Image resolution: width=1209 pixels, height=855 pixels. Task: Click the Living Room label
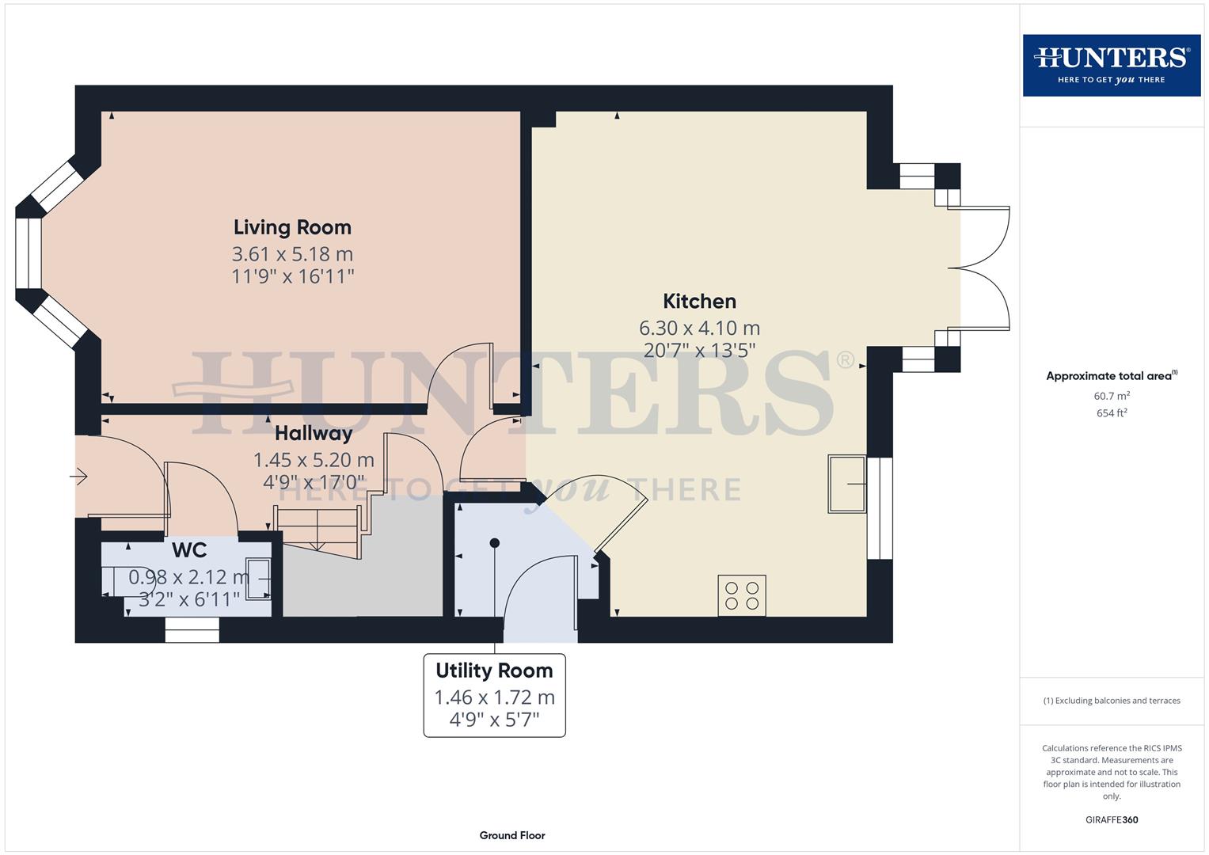[x=292, y=227]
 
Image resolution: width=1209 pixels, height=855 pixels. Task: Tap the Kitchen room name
[x=699, y=301]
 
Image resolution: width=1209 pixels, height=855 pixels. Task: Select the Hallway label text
[x=314, y=433]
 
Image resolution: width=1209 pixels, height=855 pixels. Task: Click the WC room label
[x=189, y=549]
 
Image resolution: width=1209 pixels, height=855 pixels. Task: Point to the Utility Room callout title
[x=494, y=671]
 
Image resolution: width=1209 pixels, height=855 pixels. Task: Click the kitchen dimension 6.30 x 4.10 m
[x=699, y=328]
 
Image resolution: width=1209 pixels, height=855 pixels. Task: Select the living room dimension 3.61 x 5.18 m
[x=292, y=254]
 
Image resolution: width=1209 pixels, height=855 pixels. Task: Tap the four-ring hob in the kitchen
[x=742, y=595]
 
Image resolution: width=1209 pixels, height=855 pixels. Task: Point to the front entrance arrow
[x=78, y=477]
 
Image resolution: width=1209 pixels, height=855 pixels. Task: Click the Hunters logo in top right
[x=1111, y=65]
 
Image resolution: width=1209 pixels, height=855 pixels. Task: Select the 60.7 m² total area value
[x=1111, y=396]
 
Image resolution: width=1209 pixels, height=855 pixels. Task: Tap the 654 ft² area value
[x=1111, y=413]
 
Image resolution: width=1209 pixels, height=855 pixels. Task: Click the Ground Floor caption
[x=511, y=835]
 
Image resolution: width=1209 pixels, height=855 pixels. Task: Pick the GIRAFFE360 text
[x=1111, y=819]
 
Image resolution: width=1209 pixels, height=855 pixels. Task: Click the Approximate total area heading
[x=1111, y=376]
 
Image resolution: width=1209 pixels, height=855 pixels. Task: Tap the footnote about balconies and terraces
[x=1111, y=701]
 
